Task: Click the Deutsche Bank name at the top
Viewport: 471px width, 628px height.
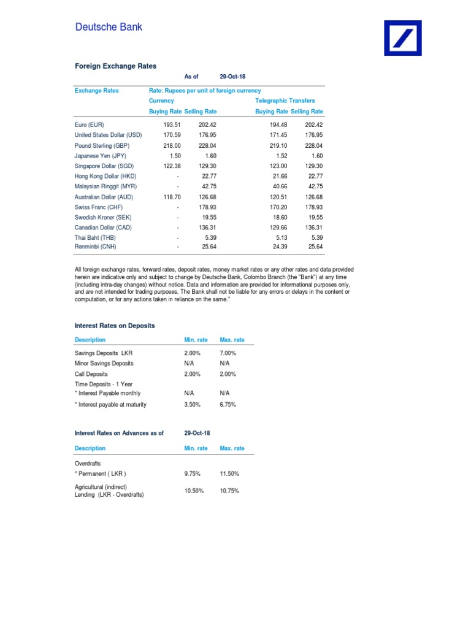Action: pos(109,27)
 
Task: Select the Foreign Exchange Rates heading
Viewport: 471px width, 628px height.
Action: pos(115,66)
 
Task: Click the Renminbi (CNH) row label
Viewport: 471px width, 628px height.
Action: pos(95,247)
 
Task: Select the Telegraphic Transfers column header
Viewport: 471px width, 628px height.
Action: pos(285,101)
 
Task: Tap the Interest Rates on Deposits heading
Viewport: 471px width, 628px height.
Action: pos(115,326)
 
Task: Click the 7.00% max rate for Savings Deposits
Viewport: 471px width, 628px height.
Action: pos(228,353)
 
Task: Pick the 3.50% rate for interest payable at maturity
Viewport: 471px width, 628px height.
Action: pos(192,405)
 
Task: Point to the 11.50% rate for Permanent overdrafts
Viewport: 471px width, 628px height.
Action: pos(229,474)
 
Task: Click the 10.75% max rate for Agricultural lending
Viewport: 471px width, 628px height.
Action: pos(229,491)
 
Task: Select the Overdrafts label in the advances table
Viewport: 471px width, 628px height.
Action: pos(88,464)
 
